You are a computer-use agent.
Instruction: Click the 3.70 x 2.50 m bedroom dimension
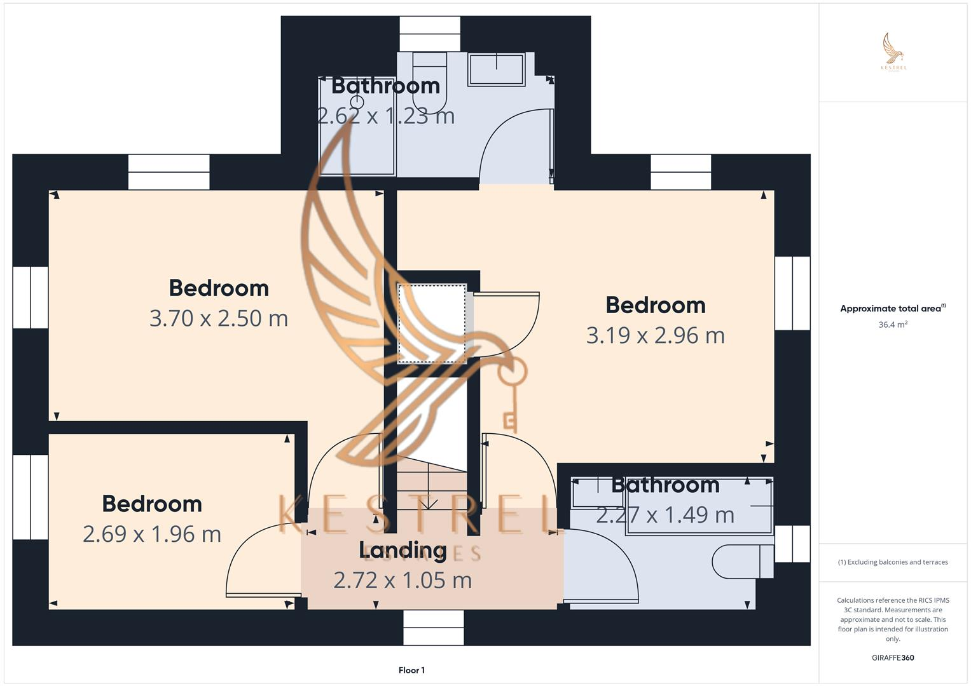pos(219,318)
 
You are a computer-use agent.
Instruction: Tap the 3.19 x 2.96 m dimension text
pos(655,335)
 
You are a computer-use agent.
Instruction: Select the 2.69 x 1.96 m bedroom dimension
pos(152,534)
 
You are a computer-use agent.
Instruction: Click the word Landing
pos(403,550)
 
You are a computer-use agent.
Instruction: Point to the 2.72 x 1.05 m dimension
pos(403,580)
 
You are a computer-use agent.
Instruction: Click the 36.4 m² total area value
pos(893,325)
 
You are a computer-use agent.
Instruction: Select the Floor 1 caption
pos(411,670)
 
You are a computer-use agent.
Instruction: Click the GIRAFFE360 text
pos(893,657)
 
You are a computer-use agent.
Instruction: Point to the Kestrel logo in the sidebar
pos(893,51)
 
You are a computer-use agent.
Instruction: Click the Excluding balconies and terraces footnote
pos(893,562)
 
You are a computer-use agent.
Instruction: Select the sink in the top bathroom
pos(497,69)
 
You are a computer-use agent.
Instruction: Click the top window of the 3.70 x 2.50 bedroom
pos(169,172)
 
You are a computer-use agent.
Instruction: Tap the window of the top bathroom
pos(430,34)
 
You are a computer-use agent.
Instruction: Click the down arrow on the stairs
pos(430,502)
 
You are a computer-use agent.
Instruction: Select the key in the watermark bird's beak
pos(511,394)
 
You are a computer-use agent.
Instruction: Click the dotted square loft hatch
pos(432,324)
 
